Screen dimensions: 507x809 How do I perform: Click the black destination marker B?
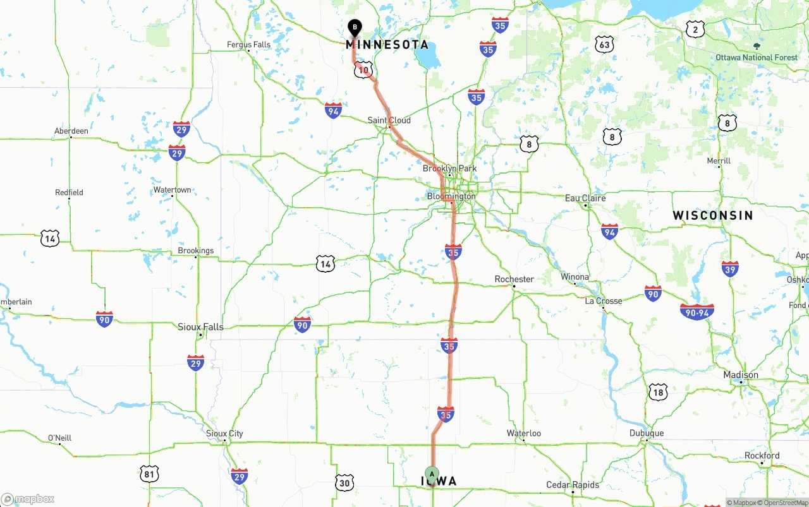(x=355, y=27)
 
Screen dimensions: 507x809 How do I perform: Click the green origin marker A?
(x=432, y=474)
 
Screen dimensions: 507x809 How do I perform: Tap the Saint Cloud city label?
(x=389, y=120)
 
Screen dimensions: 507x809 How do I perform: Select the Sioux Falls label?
(x=200, y=327)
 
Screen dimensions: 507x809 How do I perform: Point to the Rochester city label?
(x=514, y=279)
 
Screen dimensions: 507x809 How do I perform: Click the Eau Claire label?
(x=585, y=198)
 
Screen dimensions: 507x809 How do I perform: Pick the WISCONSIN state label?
(x=713, y=215)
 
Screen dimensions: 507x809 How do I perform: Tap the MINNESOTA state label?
(x=387, y=45)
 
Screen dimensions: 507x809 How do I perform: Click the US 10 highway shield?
(x=363, y=70)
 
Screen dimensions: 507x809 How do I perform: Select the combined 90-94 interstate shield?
(x=697, y=311)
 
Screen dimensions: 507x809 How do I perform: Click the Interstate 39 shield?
(x=730, y=268)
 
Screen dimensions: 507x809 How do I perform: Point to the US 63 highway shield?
(x=604, y=44)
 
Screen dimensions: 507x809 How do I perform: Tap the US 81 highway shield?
(x=150, y=474)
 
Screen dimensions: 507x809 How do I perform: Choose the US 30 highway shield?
(x=344, y=483)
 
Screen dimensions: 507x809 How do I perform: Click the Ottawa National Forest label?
(x=757, y=57)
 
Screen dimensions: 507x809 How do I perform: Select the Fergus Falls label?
(x=249, y=45)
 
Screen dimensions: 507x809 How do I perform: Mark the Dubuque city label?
(x=647, y=433)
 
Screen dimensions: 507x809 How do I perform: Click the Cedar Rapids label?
(x=573, y=485)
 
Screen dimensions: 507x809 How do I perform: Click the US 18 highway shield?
(x=658, y=391)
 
